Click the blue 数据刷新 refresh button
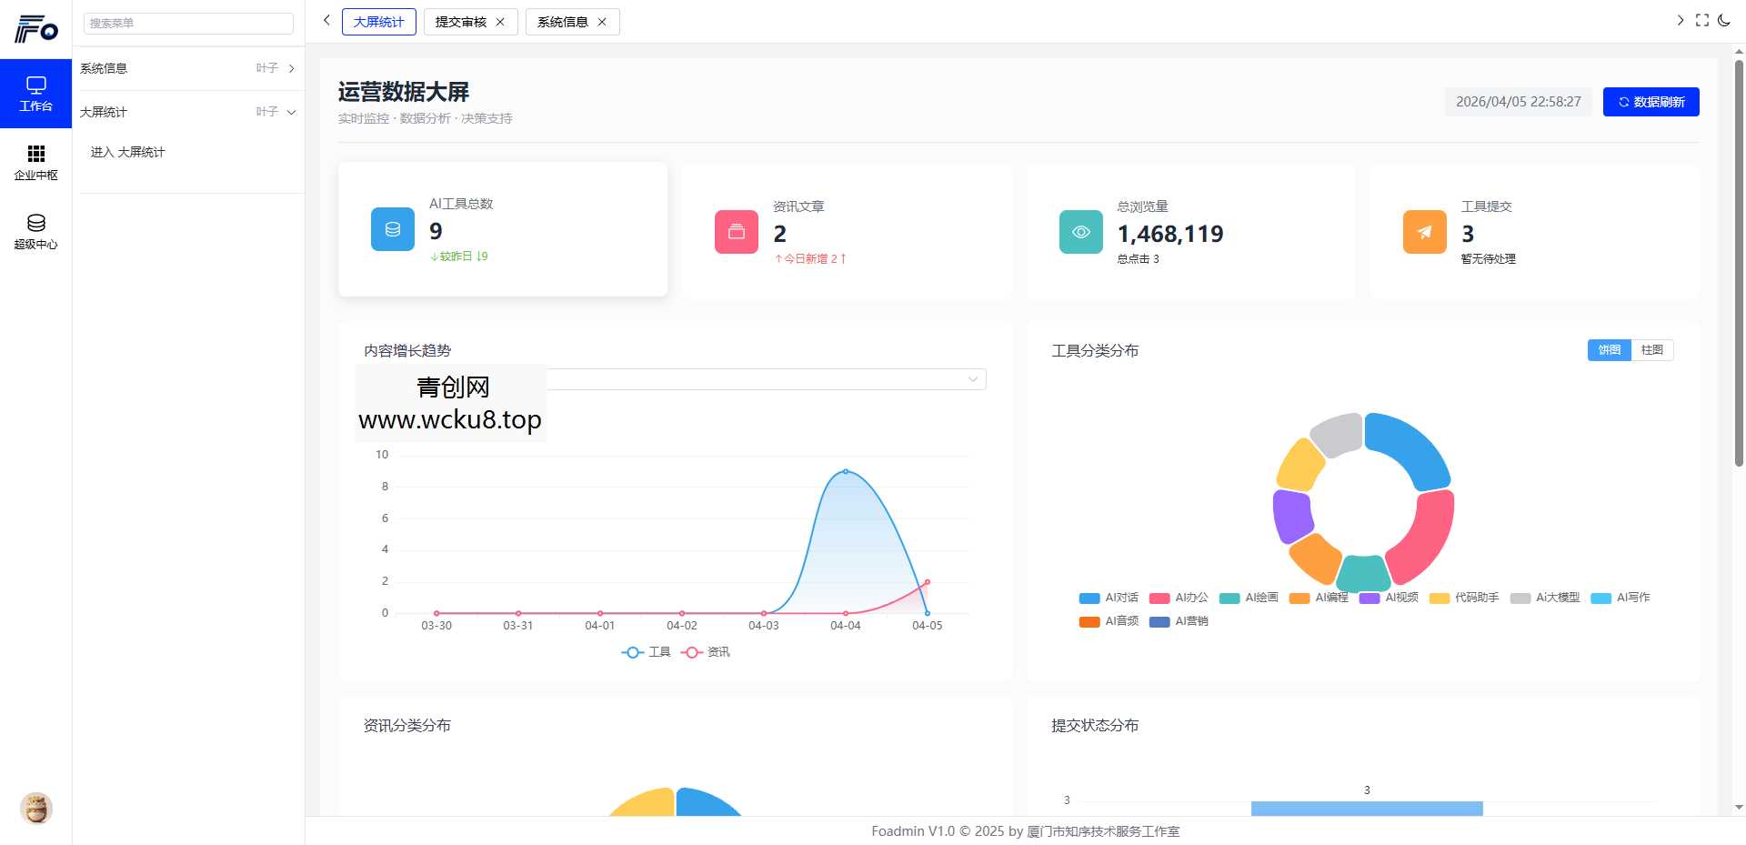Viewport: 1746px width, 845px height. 1651,102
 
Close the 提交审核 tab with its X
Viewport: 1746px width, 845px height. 500,22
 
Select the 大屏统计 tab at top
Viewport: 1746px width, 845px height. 378,22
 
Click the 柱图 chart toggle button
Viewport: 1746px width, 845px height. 1651,350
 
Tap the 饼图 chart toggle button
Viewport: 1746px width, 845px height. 1609,350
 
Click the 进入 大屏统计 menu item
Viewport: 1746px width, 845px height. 127,152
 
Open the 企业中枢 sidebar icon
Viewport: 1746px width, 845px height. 35,162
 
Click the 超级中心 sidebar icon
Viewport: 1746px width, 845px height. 35,231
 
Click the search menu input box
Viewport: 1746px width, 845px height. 188,23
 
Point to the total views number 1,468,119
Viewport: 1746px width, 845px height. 1169,234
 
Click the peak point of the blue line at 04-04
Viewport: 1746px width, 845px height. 846,471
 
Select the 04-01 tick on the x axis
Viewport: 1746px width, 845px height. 599,626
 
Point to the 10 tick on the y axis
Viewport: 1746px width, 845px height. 382,455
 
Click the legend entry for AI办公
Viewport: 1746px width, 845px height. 1179,598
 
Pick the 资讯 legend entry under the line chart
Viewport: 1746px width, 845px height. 707,652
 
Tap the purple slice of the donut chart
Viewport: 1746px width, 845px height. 1291,515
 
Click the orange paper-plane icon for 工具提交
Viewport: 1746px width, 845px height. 1424,232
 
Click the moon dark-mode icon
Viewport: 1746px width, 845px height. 1724,20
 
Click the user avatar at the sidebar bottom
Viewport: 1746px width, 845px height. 36,808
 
